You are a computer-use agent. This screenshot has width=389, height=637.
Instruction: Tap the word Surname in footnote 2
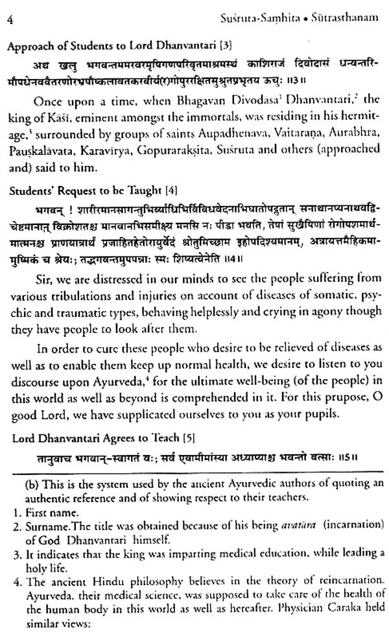tap(40, 494)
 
